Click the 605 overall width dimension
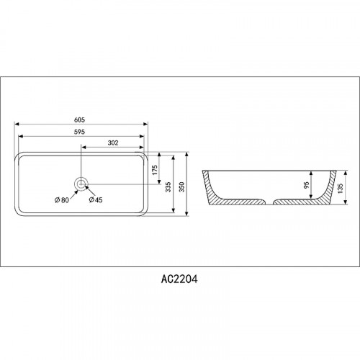point(79,120)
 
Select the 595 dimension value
point(79,132)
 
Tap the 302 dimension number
point(113,143)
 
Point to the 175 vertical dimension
point(155,170)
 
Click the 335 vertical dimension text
point(168,186)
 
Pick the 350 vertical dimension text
point(182,186)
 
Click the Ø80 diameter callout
point(62,199)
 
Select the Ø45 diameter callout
point(96,199)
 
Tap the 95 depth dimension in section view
point(307,185)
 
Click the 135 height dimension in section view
point(341,188)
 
